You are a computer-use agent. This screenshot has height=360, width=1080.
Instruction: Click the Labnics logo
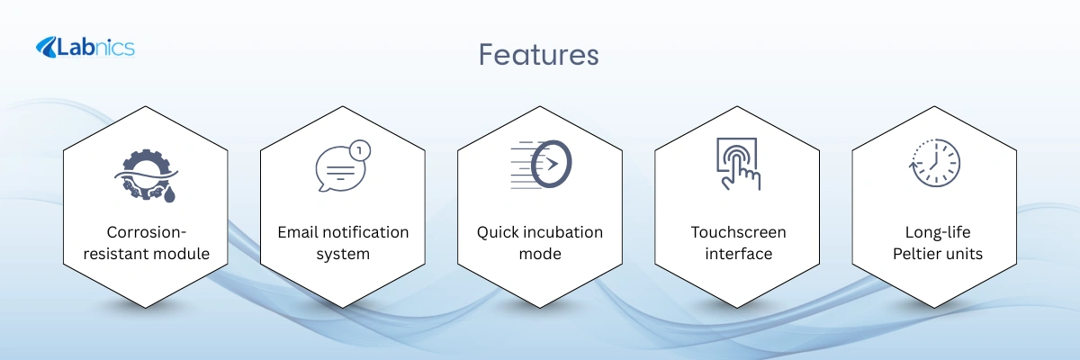(x=85, y=48)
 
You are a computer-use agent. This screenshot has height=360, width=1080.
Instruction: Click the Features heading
(x=538, y=55)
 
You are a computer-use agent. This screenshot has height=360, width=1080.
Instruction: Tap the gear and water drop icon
(x=146, y=175)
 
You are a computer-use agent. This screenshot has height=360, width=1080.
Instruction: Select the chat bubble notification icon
(x=343, y=166)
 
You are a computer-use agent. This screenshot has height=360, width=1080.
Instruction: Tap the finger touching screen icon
(x=738, y=164)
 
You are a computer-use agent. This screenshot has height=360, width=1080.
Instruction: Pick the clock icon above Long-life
(x=934, y=163)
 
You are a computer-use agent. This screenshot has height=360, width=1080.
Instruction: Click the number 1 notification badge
(x=360, y=151)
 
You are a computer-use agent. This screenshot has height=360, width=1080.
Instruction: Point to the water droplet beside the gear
(x=169, y=194)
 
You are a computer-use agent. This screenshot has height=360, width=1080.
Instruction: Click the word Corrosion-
(x=146, y=232)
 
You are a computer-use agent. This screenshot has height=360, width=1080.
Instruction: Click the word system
(x=343, y=255)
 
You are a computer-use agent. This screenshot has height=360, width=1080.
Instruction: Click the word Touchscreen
(x=738, y=232)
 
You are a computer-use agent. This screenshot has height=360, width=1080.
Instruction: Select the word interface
(x=738, y=254)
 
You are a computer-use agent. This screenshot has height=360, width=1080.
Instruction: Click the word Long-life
(x=938, y=233)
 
